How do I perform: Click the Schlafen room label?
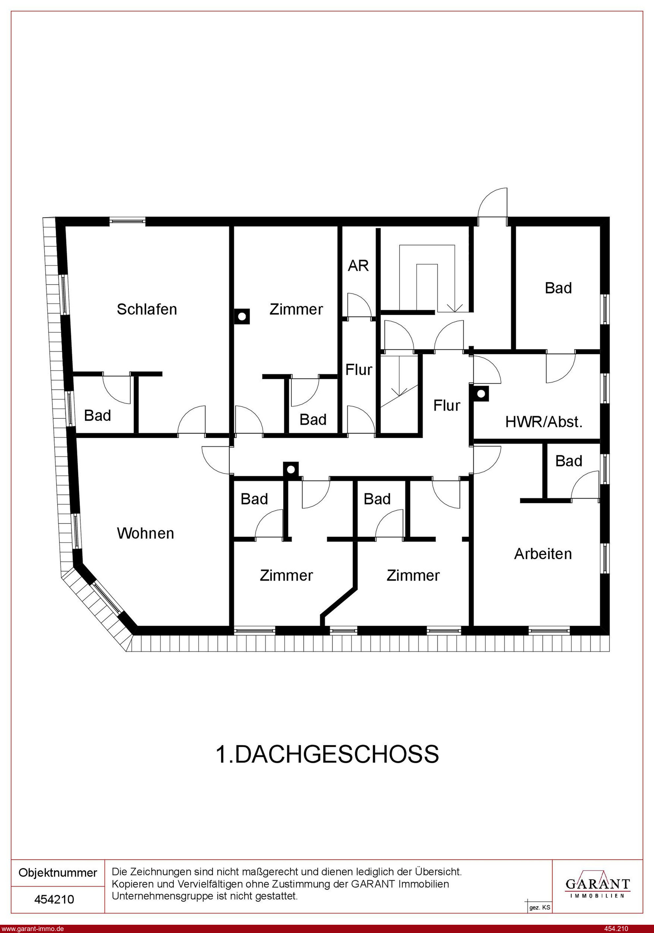click(147, 310)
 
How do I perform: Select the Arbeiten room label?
click(543, 554)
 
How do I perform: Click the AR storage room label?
click(358, 266)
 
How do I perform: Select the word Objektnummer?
click(58, 873)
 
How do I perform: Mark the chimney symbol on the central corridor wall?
click(290, 469)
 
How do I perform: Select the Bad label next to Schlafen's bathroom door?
click(97, 416)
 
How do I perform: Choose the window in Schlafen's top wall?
click(127, 222)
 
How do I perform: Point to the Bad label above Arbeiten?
click(569, 461)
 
